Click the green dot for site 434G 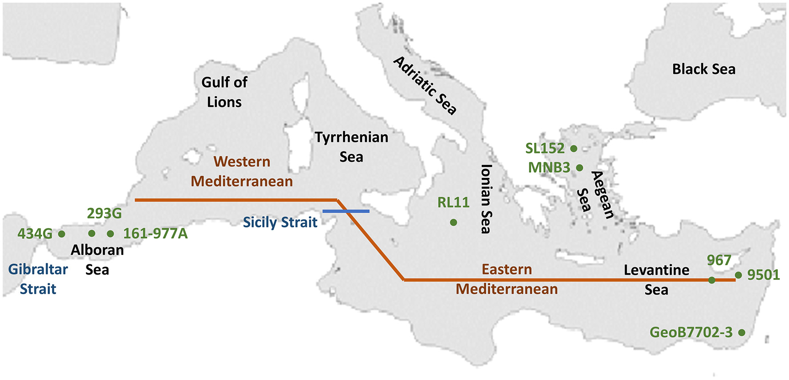[x=62, y=234]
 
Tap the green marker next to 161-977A [x=110, y=234]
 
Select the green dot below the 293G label [x=92, y=233]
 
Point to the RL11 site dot [x=453, y=222]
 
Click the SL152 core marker [x=574, y=149]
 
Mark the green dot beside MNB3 [x=579, y=168]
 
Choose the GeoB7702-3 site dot [x=741, y=332]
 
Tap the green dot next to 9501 [x=738, y=275]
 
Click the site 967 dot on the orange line [x=712, y=280]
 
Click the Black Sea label [x=704, y=69]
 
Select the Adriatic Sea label [x=425, y=86]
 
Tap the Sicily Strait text [x=280, y=222]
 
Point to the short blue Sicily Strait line [x=346, y=211]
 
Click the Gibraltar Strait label [x=38, y=279]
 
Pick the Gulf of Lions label [x=224, y=92]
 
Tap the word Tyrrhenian [x=351, y=137]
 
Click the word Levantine [x=656, y=270]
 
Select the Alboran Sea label [x=97, y=259]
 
